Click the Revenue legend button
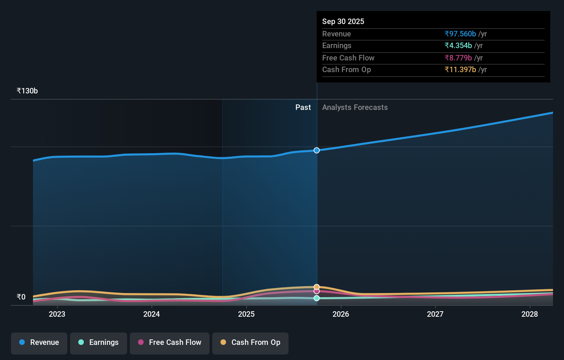coord(39,342)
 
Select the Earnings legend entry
coord(99,342)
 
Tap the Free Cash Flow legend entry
coord(170,342)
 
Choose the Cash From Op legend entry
coord(250,342)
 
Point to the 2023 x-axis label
coord(57,314)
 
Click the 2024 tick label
coord(151,314)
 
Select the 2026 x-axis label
coord(341,314)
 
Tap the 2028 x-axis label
coord(530,314)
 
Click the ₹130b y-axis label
coord(27,91)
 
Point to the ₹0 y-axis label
coord(21,297)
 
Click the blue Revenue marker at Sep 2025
coord(317,150)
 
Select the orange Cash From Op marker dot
coord(317,287)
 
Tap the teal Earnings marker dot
coord(317,298)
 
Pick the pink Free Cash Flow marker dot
coord(317,291)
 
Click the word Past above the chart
coord(303,108)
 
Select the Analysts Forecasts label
coord(355,108)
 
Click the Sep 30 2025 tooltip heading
coord(343,21)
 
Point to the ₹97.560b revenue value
coord(460,34)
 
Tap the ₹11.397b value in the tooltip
coord(460,69)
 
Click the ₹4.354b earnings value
coord(458,45)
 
